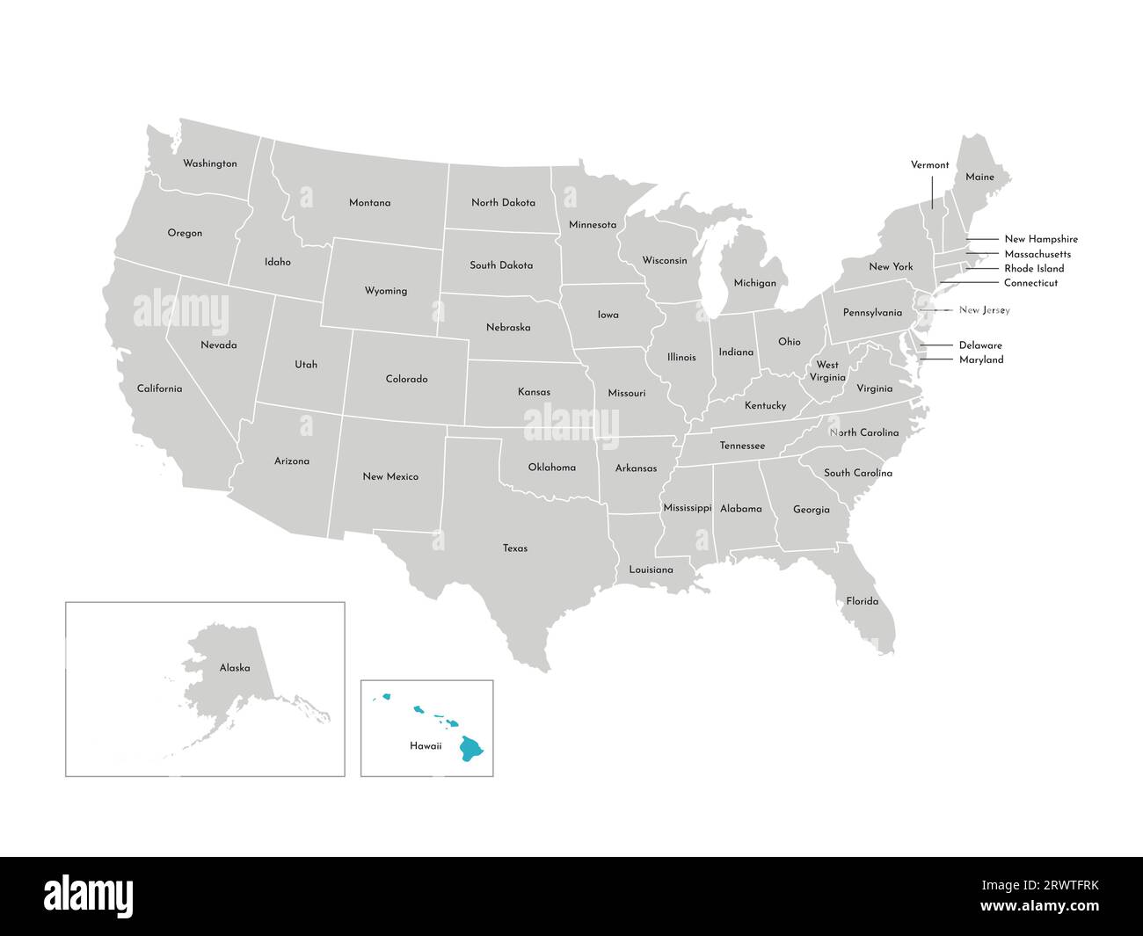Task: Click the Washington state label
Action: [x=209, y=163]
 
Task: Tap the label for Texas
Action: [x=515, y=548]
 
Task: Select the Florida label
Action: [x=862, y=601]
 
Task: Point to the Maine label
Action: [x=979, y=177]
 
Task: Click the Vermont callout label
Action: [x=929, y=165]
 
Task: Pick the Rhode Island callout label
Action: [x=1034, y=269]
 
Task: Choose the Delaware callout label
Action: [x=980, y=345]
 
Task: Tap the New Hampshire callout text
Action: [x=1041, y=239]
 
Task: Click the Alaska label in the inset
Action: [x=235, y=668]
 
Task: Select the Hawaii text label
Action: [x=426, y=746]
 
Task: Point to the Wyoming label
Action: [x=386, y=291]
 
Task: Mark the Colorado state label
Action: [x=406, y=380]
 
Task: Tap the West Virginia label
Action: [x=827, y=371]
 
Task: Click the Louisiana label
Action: [x=651, y=570]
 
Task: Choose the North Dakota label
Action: [x=503, y=202]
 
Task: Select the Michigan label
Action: [x=754, y=283]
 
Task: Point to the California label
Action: [x=159, y=388]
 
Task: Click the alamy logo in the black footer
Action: [x=89, y=896]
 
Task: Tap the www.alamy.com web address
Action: [x=1039, y=906]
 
